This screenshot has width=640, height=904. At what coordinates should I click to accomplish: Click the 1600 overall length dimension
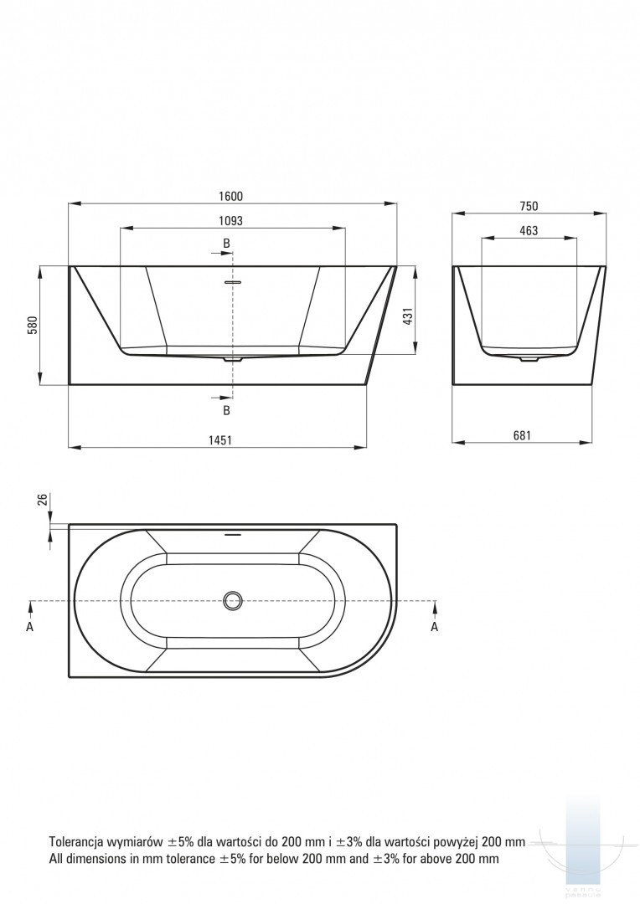pyautogui.click(x=231, y=196)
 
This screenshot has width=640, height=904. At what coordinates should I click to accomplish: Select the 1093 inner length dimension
pyautogui.click(x=231, y=220)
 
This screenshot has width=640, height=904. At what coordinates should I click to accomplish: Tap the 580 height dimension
pyautogui.click(x=33, y=325)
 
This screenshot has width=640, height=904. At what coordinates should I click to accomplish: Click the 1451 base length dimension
pyautogui.click(x=219, y=440)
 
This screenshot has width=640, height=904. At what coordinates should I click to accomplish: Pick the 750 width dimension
pyautogui.click(x=529, y=206)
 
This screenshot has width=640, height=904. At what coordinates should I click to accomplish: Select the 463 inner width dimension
pyautogui.click(x=529, y=231)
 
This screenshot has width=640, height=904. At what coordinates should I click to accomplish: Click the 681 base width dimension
pyautogui.click(x=522, y=435)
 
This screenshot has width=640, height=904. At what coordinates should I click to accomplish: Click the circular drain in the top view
pyautogui.click(x=233, y=601)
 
